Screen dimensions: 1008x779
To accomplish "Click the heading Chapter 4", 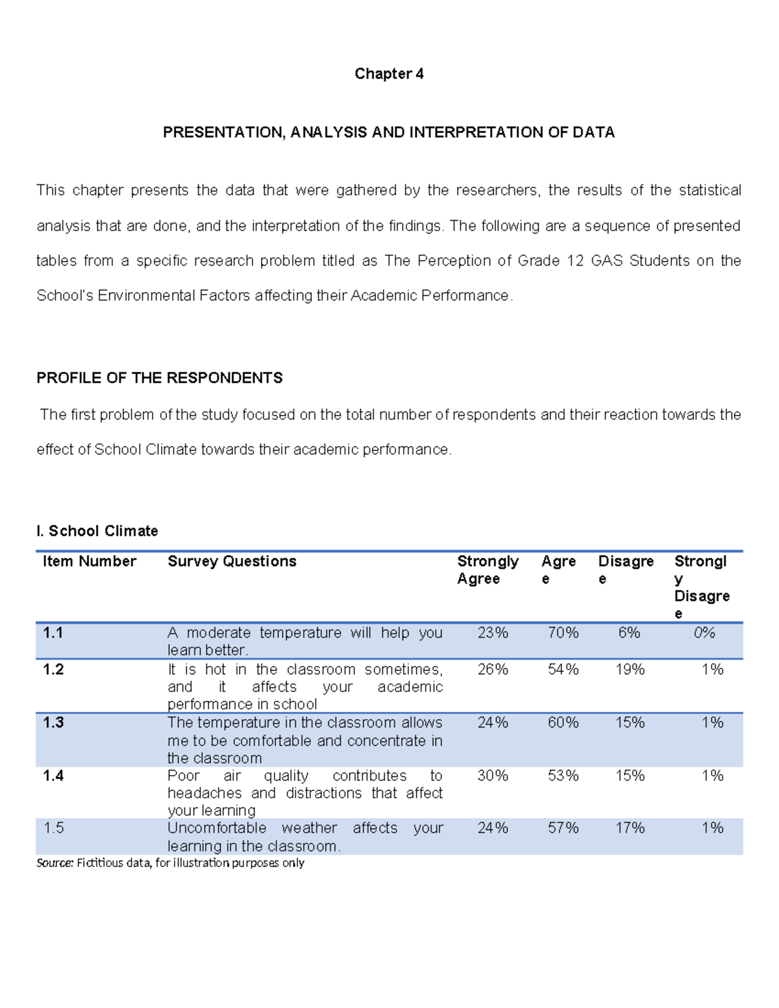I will [x=389, y=74].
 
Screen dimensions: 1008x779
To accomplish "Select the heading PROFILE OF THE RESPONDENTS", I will [x=160, y=378].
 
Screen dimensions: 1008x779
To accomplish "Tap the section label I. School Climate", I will [x=97, y=531].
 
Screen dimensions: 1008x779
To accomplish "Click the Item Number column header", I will [x=90, y=561].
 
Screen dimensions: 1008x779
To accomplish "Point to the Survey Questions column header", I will [x=232, y=561].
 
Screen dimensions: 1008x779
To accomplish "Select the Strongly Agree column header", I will [x=488, y=570].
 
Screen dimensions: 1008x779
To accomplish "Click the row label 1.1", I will [x=53, y=633].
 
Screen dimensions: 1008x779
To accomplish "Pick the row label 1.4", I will [x=53, y=776].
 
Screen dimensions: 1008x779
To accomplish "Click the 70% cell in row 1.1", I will [x=563, y=633].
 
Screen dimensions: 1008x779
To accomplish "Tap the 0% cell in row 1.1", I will [x=704, y=633].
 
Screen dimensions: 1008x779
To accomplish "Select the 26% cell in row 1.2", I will [x=493, y=669].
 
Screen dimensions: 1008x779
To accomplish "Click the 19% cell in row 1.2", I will [x=630, y=669].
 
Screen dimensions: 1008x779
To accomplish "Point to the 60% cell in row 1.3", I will [x=563, y=722].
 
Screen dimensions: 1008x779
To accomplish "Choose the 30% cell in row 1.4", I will [x=493, y=776].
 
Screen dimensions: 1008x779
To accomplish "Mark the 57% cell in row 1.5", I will [x=563, y=828].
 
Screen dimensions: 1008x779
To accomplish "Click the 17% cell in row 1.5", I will [x=630, y=828].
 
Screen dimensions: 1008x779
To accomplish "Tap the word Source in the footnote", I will [x=55, y=863].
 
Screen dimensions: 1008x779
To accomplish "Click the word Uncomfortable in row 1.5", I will [x=217, y=828].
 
